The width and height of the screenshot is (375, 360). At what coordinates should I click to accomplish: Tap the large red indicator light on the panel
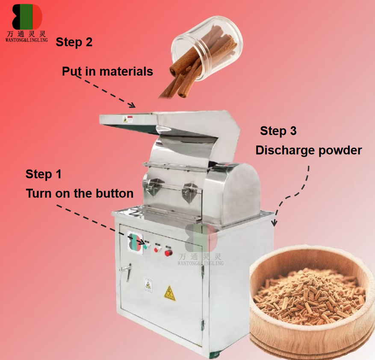click(x=169, y=252)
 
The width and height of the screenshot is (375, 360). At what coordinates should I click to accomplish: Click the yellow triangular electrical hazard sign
click(x=170, y=293)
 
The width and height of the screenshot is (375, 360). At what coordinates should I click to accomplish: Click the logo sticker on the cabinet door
click(x=135, y=242)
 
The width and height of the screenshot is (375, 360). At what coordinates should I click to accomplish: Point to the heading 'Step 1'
click(x=44, y=174)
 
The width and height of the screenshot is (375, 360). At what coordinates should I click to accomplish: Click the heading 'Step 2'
click(x=74, y=42)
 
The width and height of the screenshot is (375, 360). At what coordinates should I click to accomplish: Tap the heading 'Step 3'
click(x=278, y=131)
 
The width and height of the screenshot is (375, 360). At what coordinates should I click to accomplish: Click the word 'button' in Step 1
click(x=115, y=193)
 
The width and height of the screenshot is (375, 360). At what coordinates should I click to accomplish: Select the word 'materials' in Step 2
click(x=126, y=71)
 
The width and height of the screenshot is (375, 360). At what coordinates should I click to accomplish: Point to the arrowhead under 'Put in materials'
click(x=132, y=105)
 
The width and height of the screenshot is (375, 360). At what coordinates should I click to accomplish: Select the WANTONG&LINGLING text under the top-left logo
click(x=27, y=40)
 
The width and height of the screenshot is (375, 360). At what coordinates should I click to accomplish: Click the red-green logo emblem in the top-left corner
click(x=27, y=17)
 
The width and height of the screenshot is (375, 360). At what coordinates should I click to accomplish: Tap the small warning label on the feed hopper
click(x=128, y=119)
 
